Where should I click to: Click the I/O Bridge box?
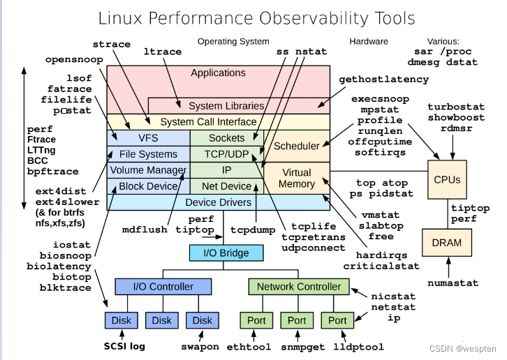click(x=226, y=253)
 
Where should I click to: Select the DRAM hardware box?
click(x=446, y=243)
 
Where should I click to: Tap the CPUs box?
click(x=447, y=179)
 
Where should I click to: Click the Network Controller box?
click(x=299, y=286)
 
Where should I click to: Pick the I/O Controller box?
click(x=163, y=286)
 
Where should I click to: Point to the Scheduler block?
click(x=297, y=146)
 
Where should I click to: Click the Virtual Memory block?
click(x=297, y=178)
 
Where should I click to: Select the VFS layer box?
click(x=149, y=138)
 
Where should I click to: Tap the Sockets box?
click(x=227, y=138)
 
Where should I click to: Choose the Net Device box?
click(x=227, y=186)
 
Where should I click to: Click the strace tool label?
click(x=112, y=44)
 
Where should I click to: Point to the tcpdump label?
click(x=253, y=230)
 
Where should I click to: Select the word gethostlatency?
click(x=384, y=80)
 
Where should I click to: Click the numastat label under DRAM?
click(x=453, y=283)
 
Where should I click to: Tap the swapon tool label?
click(x=200, y=347)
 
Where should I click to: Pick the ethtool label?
click(x=249, y=347)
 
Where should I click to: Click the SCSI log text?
click(x=124, y=347)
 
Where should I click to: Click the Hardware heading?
click(x=369, y=41)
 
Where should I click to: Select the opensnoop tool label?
click(x=74, y=60)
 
